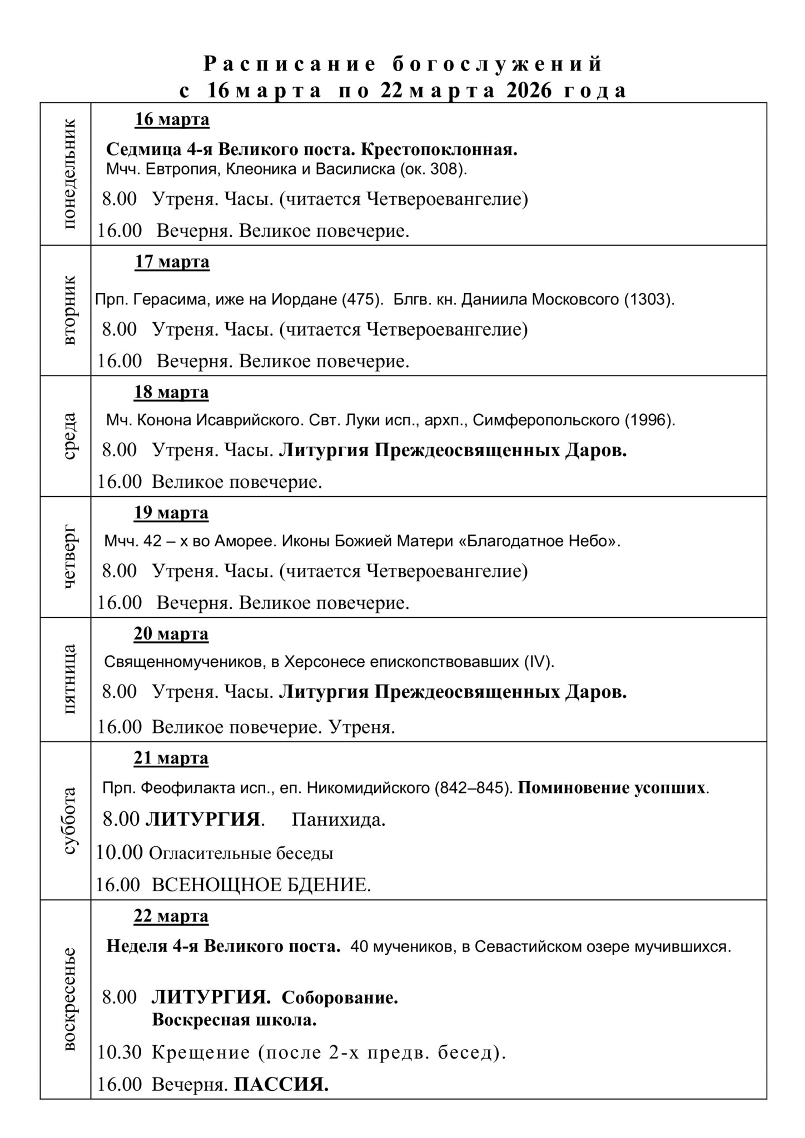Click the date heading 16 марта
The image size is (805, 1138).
172,119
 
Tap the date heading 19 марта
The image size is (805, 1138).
171,512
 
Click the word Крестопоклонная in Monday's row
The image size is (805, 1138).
439,149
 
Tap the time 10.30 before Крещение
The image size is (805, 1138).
120,1052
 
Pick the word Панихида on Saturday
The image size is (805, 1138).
339,820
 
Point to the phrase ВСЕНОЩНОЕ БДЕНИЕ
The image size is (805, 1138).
261,885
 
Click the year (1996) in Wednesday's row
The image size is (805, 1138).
649,420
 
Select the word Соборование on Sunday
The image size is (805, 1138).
340,997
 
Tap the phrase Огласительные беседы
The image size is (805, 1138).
241,853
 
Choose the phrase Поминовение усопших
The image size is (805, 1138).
612,787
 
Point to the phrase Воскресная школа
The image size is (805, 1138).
234,1020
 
